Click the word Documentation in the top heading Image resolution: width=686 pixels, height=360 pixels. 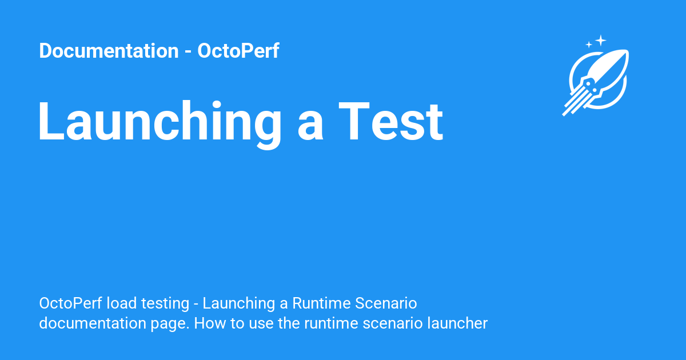tap(109, 50)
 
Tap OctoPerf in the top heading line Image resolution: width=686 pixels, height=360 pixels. tap(238, 50)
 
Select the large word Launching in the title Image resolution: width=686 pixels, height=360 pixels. tap(159, 122)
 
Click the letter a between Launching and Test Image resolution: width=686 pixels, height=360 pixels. tap(310, 127)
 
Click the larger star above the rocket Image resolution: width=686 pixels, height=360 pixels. tap(601, 41)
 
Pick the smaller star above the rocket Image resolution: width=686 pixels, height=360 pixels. tap(589, 45)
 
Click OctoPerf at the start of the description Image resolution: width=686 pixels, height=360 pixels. tap(70, 303)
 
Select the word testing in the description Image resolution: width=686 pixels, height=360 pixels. tap(165, 304)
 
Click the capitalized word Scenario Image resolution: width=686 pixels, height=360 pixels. tap(386, 303)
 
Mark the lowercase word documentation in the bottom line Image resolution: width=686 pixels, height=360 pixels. tap(93, 323)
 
